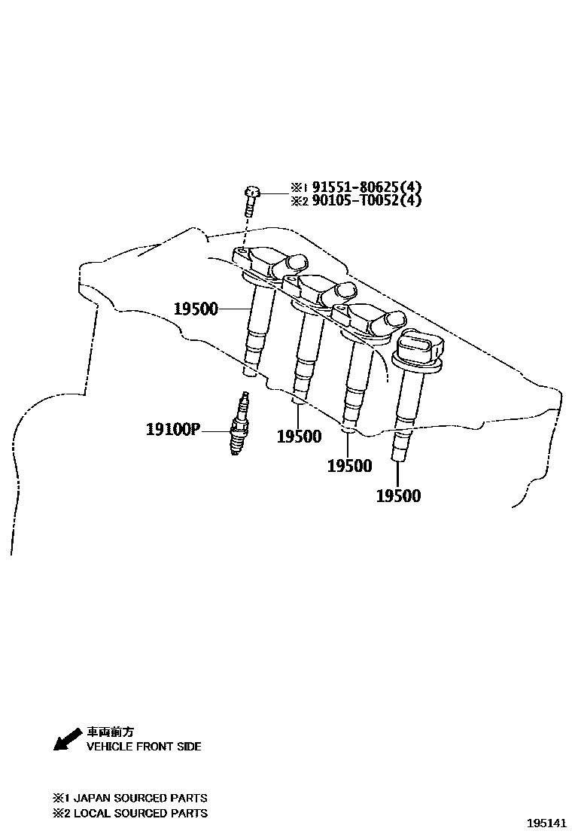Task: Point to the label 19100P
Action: (172, 431)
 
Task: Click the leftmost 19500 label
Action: (195, 309)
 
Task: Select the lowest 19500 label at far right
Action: (398, 495)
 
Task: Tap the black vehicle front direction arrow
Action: (67, 738)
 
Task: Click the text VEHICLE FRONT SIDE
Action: (144, 747)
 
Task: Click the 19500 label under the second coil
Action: (299, 437)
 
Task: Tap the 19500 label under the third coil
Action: (349, 466)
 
